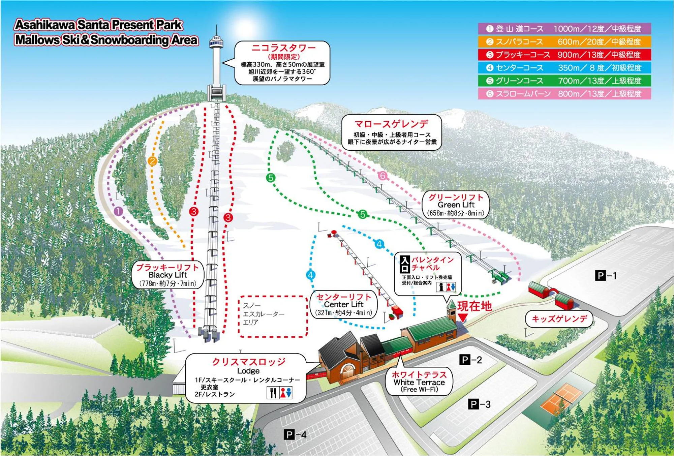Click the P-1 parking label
[x=606, y=276]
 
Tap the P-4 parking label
[x=295, y=435]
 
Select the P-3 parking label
[x=479, y=404]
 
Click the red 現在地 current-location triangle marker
[x=463, y=317]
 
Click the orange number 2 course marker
[x=152, y=161]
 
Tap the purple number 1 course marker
[x=118, y=211]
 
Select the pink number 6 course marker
[x=382, y=175]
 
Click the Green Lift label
[x=456, y=205]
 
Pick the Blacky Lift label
[x=167, y=275]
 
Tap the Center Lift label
[x=343, y=304]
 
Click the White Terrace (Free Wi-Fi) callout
[x=419, y=382]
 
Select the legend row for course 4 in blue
[x=564, y=68]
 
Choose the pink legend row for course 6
[x=564, y=94]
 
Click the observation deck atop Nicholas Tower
[x=216, y=42]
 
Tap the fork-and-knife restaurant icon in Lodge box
[x=273, y=393]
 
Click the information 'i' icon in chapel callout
[x=441, y=287]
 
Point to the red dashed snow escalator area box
[x=273, y=316]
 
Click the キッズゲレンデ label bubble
[x=559, y=319]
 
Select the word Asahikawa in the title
[x=45, y=25]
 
